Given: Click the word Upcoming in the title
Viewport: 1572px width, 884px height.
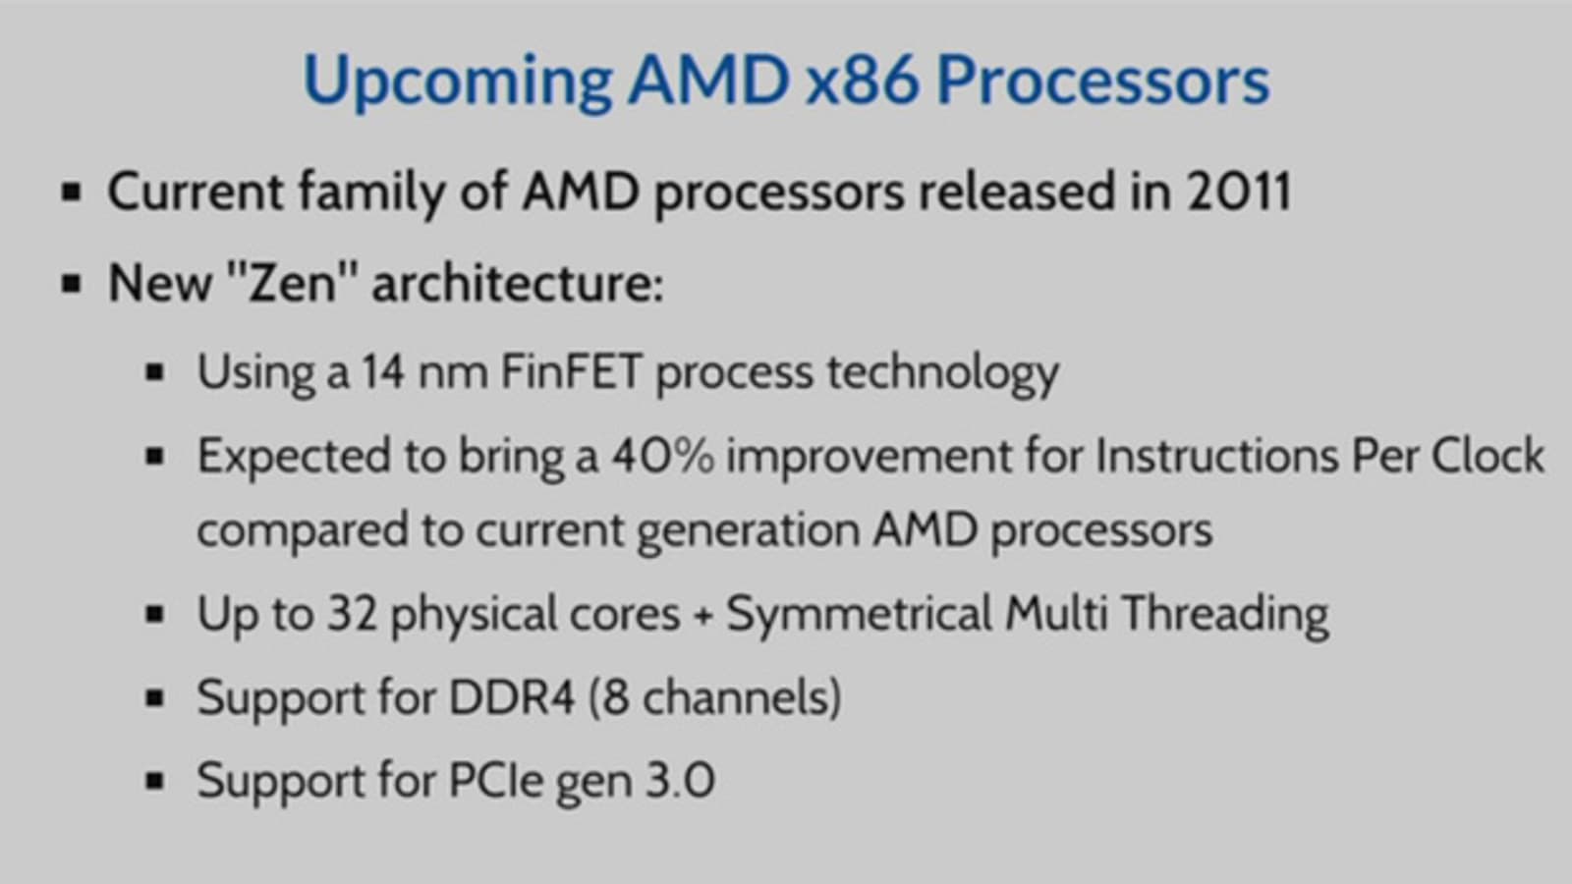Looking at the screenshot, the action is [458, 83].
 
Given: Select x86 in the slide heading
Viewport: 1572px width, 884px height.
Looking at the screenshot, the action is [862, 80].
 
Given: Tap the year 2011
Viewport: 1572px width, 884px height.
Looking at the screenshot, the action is [1239, 191].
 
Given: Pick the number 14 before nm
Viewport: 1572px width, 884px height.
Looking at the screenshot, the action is [383, 371].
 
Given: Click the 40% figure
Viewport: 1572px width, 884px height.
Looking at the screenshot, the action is [662, 456].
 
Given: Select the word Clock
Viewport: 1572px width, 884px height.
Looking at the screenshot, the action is [1488, 456].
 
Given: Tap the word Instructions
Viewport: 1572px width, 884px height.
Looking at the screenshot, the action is [1217, 456].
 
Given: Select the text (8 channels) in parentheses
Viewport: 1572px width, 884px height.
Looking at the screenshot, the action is [715, 697].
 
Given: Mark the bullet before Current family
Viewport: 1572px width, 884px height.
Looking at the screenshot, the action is [72, 192].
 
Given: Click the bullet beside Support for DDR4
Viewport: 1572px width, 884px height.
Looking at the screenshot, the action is [154, 698].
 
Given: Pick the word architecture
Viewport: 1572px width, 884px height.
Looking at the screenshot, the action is [518, 284].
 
